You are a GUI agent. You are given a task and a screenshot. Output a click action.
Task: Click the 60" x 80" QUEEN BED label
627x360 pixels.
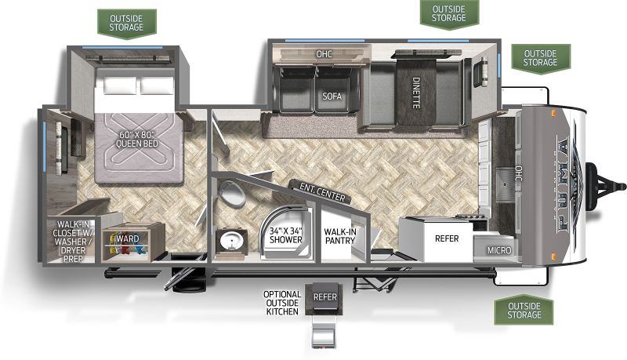click(x=136, y=139)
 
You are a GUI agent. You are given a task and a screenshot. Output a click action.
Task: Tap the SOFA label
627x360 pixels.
click(x=332, y=96)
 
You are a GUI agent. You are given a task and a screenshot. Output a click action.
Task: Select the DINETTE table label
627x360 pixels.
click(x=416, y=93)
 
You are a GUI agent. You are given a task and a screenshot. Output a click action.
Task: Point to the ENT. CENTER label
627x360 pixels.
click(x=322, y=191)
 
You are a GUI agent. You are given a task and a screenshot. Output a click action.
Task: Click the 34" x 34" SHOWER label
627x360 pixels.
click(x=286, y=235)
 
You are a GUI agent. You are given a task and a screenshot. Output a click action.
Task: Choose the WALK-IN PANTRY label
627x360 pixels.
click(x=340, y=236)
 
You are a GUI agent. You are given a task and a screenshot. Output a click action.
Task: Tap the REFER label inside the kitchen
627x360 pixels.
click(x=447, y=238)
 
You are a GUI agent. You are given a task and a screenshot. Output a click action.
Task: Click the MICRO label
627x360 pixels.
click(x=499, y=250)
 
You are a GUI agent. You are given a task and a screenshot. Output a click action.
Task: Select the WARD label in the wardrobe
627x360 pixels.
click(x=128, y=238)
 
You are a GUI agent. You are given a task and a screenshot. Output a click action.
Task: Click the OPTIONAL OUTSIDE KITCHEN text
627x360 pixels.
click(x=282, y=303)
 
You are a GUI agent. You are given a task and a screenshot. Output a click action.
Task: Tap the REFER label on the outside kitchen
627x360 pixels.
click(x=325, y=296)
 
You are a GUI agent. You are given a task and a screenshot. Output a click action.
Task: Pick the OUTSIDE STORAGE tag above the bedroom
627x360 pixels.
click(x=126, y=24)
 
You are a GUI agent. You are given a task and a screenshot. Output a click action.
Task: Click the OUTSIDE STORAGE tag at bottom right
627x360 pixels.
click(x=524, y=311)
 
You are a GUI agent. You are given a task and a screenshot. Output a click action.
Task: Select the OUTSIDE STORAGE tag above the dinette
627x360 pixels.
click(x=449, y=13)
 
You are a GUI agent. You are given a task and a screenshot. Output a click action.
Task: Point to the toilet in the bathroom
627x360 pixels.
click(x=232, y=193)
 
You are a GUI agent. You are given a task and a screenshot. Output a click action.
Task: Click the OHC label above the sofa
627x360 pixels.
click(x=324, y=53)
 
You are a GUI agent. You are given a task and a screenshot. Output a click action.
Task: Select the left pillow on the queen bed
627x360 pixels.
click(x=120, y=85)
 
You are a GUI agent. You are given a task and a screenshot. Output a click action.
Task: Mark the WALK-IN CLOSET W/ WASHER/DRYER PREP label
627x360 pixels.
click(x=72, y=242)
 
